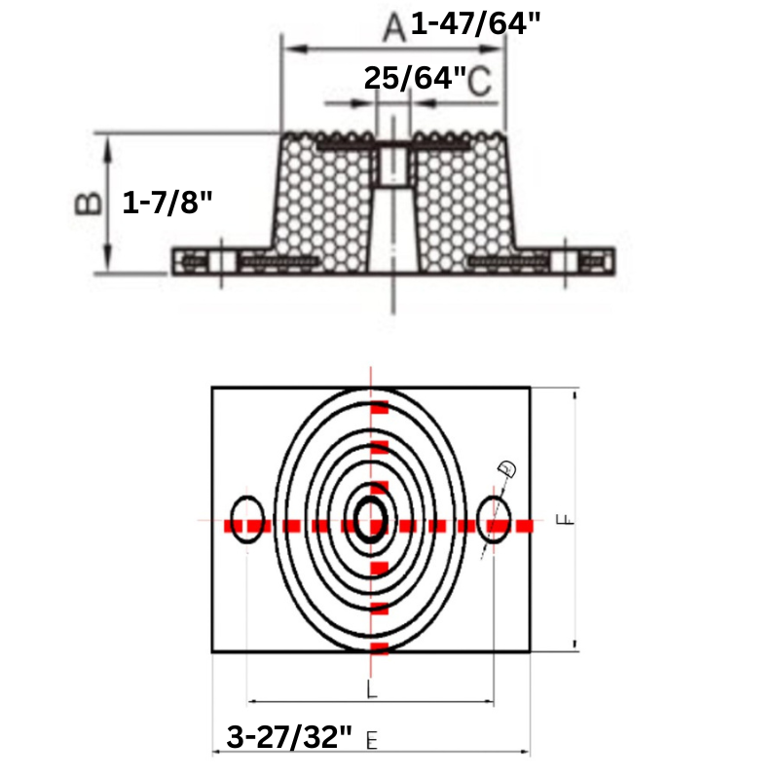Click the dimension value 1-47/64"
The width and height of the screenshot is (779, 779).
(x=474, y=22)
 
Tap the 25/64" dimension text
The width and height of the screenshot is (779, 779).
(x=415, y=78)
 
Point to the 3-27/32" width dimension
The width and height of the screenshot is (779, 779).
(x=288, y=736)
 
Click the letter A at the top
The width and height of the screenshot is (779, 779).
(x=392, y=27)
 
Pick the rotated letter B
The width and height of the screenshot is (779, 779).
(x=88, y=203)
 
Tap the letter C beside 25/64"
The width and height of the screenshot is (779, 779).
(x=479, y=82)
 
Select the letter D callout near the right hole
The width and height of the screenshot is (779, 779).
(x=507, y=469)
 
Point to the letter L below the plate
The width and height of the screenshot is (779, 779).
(x=371, y=689)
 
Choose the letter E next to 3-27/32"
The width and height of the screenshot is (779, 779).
(x=371, y=740)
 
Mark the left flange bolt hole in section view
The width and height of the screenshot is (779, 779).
(x=219, y=263)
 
